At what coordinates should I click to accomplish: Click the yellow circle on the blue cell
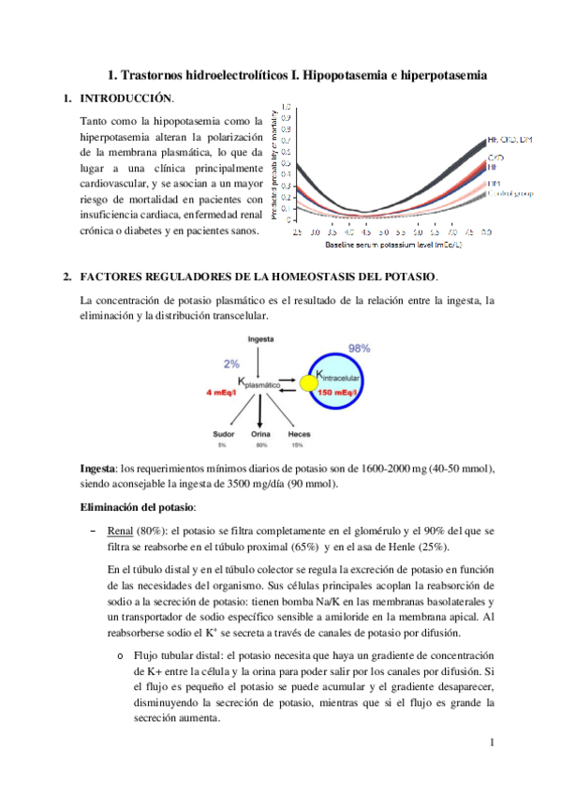click(x=307, y=383)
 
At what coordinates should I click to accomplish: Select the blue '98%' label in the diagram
click(x=359, y=348)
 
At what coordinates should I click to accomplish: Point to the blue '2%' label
click(x=232, y=364)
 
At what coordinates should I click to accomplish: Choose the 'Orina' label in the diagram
click(x=260, y=435)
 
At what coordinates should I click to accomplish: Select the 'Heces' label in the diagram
click(x=299, y=435)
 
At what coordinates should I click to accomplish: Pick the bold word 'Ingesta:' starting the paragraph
click(x=100, y=468)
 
